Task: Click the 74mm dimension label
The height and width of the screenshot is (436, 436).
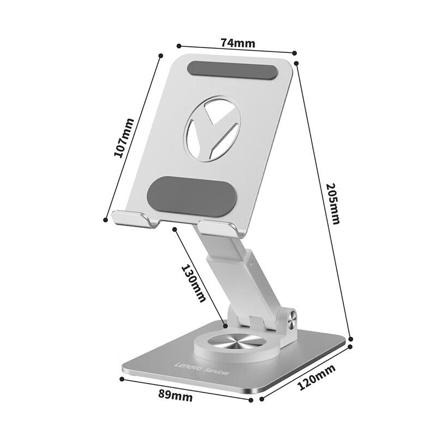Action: (238, 42)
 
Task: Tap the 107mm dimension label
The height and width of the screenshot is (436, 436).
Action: (124, 138)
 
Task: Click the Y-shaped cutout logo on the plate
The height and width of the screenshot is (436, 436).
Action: (213, 129)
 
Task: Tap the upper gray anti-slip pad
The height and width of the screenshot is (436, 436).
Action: (232, 70)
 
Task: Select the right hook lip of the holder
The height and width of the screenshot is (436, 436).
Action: (219, 228)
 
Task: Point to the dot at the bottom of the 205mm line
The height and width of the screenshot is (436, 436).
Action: (351, 338)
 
